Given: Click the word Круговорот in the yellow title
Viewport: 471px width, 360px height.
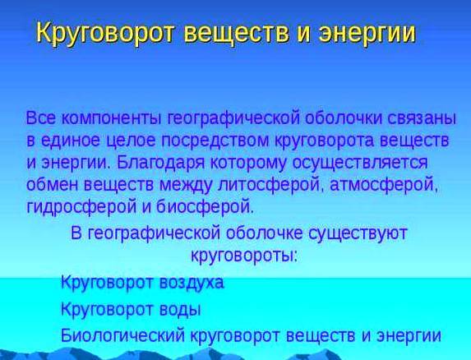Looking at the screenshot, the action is coord(105,34).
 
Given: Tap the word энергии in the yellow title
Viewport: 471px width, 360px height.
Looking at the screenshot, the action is coord(367,34).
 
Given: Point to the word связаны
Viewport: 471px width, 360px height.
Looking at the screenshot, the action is coord(421,118).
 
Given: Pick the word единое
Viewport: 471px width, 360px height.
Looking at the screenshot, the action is coord(72,141).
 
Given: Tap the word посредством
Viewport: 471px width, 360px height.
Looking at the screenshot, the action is coord(215,141).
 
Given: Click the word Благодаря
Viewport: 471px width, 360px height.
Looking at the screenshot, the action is coord(161,164).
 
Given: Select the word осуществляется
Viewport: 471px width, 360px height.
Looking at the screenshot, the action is coord(360,164).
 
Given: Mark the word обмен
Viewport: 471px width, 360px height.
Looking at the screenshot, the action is coord(53,184).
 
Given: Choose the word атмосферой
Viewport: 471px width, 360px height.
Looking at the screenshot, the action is coord(383,185).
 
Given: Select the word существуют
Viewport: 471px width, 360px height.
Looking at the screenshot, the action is coord(358,233).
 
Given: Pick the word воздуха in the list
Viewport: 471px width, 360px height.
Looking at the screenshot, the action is coord(192,283).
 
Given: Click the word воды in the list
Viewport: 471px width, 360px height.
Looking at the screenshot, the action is coord(180,309).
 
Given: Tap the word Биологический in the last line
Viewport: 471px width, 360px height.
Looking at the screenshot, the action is coord(122,335).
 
